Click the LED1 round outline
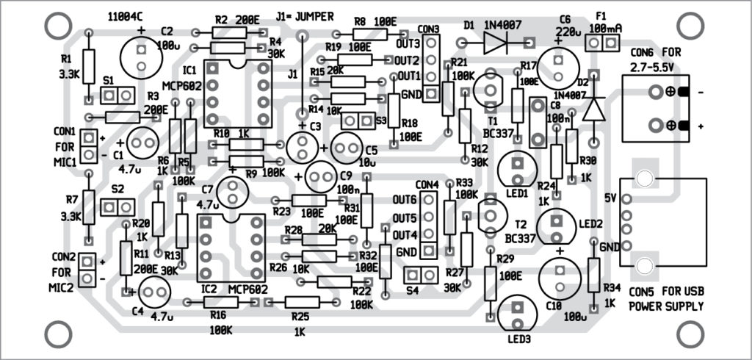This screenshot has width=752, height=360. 517,170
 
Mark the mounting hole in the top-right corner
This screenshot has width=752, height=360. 689,26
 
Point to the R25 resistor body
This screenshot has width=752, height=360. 303,302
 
